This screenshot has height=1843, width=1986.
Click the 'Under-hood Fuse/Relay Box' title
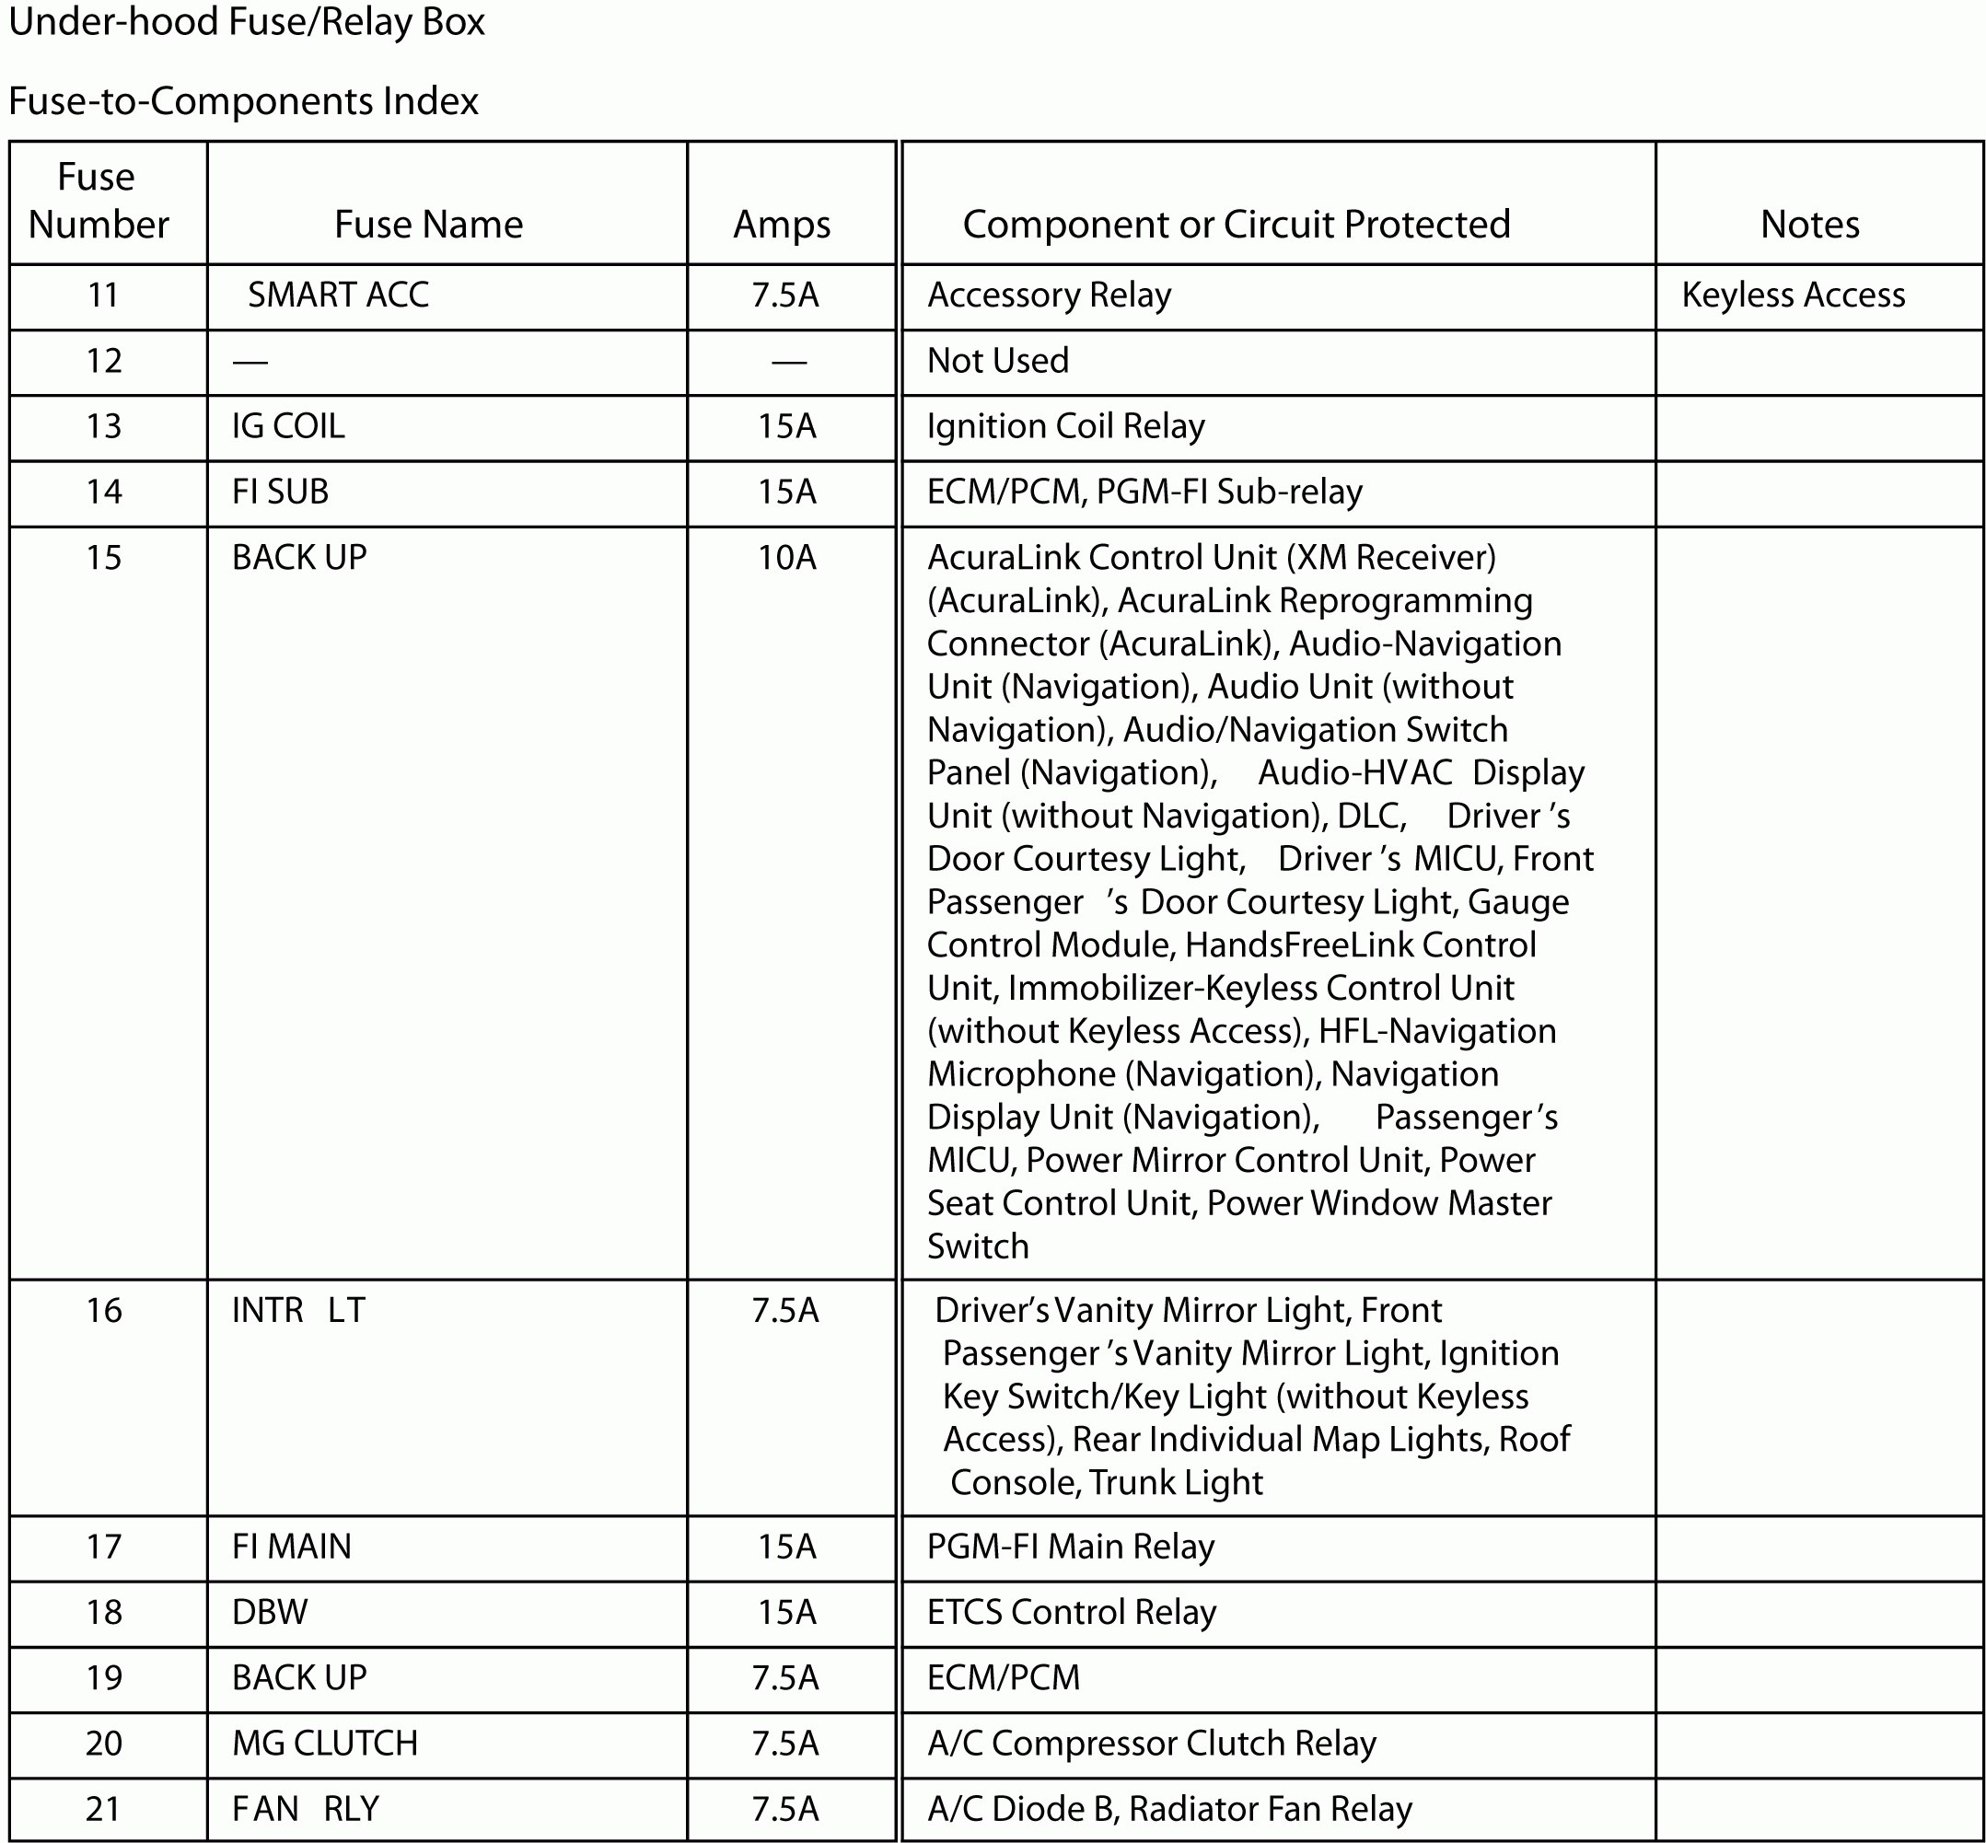click(247, 23)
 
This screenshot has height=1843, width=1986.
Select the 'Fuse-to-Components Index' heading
click(243, 101)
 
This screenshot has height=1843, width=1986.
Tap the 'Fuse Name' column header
click(428, 225)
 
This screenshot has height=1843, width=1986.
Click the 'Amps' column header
click(782, 226)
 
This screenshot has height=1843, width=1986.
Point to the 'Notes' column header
click(1809, 225)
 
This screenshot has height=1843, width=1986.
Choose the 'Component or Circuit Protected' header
click(1236, 225)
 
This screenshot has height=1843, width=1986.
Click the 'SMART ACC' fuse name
click(338, 296)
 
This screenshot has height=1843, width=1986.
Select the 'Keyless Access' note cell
click(1793, 296)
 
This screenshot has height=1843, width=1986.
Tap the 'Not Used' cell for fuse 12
click(997, 361)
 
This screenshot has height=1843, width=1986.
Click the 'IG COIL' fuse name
click(288, 427)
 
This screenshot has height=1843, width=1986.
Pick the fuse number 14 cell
click(104, 492)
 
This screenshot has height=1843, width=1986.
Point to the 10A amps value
click(786, 558)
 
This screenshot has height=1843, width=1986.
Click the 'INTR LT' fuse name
click(298, 1311)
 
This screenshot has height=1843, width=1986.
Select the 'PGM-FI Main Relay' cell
click(1070, 1547)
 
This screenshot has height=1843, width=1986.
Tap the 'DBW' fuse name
click(270, 1613)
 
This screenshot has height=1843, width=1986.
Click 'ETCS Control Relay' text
click(1072, 1613)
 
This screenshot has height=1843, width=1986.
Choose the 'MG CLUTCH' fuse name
click(325, 1744)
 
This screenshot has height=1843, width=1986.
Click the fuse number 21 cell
click(104, 1809)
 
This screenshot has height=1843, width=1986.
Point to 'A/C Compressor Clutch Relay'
click(1151, 1744)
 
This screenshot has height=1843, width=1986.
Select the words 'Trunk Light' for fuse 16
click(1176, 1483)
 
